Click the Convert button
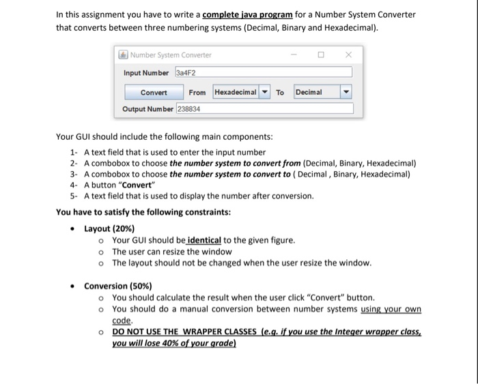pos(154,92)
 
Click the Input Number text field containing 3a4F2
pos(264,72)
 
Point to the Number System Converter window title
pos(171,55)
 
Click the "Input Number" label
pos(146,72)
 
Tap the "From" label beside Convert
pos(197,92)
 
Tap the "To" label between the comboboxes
pos(281,92)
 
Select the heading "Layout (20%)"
pos(109,228)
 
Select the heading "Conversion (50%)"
pos(118,286)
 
